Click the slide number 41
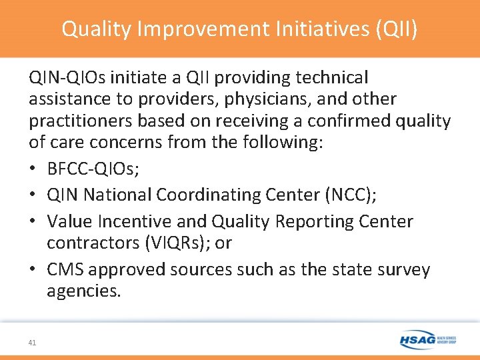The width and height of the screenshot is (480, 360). click(33, 342)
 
